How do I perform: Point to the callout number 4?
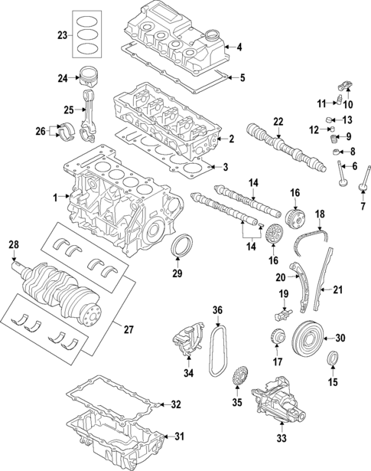[239, 47]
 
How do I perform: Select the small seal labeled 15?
[334, 358]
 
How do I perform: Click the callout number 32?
[175, 404]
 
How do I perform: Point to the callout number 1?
[56, 198]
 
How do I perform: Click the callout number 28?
[12, 244]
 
